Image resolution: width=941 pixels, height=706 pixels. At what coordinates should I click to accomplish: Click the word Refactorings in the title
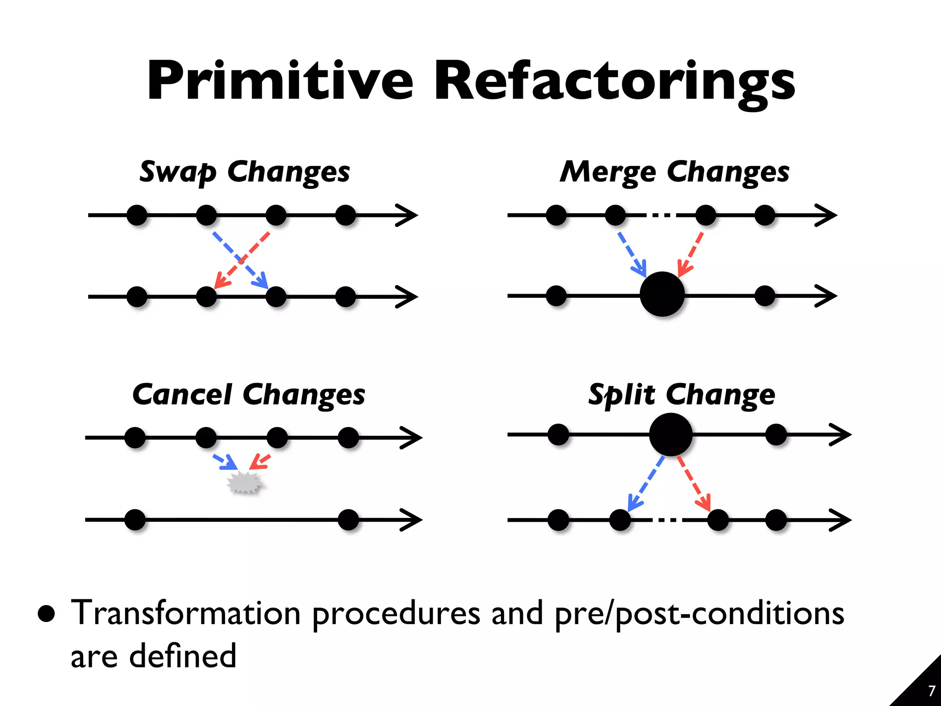pyautogui.click(x=614, y=82)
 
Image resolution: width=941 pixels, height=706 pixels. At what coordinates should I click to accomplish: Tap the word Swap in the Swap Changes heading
pyautogui.click(x=177, y=172)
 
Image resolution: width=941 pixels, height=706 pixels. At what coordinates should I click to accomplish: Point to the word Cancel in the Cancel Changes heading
pyautogui.click(x=182, y=395)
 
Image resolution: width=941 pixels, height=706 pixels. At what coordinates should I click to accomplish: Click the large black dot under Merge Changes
pyautogui.click(x=662, y=294)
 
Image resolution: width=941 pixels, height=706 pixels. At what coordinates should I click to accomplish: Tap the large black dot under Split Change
pyautogui.click(x=670, y=434)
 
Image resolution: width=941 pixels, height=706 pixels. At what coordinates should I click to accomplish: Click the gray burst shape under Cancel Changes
pyautogui.click(x=245, y=483)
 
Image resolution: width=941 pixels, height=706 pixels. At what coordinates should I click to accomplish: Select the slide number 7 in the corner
pyautogui.click(x=931, y=691)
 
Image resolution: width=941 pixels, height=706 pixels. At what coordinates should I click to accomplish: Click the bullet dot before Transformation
pyautogui.click(x=46, y=613)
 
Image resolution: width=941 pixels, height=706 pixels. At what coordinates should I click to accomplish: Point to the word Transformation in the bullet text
pyautogui.click(x=186, y=613)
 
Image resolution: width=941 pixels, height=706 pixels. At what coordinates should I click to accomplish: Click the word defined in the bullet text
pyautogui.click(x=182, y=656)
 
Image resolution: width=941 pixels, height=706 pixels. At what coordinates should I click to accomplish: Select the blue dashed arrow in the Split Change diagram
pyautogui.click(x=646, y=483)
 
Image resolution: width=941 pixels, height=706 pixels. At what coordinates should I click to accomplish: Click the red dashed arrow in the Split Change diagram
pyautogui.click(x=694, y=483)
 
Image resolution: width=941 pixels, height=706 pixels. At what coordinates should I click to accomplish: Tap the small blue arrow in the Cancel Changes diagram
pyautogui.click(x=225, y=461)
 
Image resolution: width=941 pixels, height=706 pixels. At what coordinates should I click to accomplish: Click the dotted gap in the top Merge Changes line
pyautogui.click(x=661, y=215)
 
